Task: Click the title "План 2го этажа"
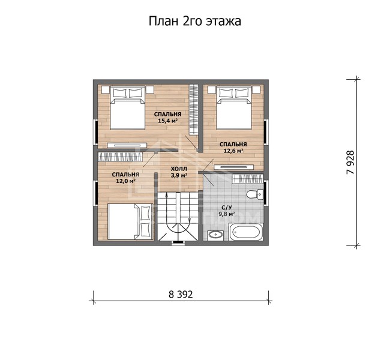tap(195, 22)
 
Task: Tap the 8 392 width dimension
tap(181, 295)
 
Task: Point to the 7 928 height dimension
tap(350, 163)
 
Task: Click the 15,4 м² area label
tap(167, 121)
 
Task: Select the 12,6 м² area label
tap(233, 151)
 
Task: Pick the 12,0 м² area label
tap(125, 181)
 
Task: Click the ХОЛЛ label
tap(179, 169)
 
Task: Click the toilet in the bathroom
tap(255, 194)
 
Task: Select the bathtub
tap(246, 232)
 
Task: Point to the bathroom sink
tap(215, 235)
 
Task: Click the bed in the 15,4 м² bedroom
tap(127, 107)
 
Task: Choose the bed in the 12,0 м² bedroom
tap(130, 221)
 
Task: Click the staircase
tap(178, 216)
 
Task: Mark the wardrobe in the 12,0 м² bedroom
tap(121, 157)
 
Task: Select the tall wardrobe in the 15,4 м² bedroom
tap(193, 110)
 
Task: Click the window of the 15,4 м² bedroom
tap(95, 132)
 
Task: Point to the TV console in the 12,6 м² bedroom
tap(233, 167)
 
